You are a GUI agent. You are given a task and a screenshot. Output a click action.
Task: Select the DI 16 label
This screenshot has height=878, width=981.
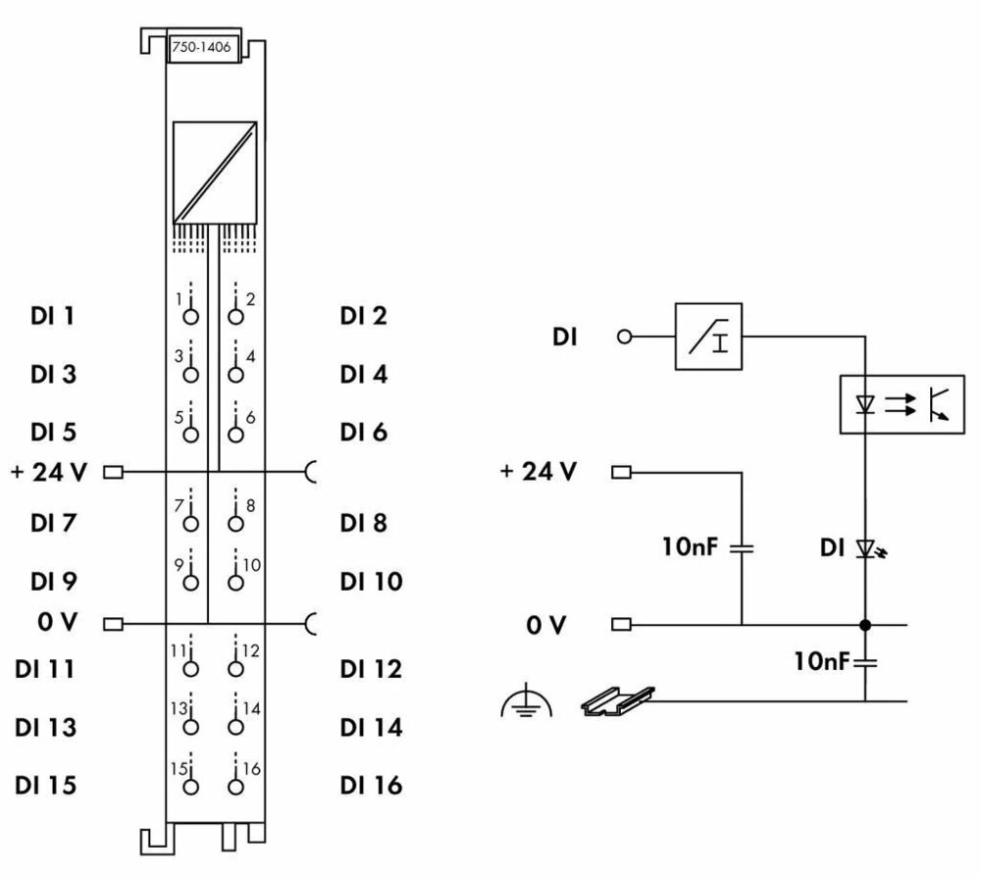(x=371, y=786)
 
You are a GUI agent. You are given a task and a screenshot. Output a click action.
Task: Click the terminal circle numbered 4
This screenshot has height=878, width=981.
(x=234, y=373)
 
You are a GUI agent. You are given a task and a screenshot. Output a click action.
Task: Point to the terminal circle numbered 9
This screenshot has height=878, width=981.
(x=191, y=582)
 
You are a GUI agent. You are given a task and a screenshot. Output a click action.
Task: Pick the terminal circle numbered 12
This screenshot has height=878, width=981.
(x=234, y=669)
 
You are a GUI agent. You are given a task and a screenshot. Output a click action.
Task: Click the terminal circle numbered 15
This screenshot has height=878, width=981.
(x=191, y=786)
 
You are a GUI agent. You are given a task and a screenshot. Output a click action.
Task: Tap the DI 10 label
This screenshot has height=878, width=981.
(x=371, y=582)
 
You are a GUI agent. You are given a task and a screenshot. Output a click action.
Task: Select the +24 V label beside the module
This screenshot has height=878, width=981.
(x=49, y=473)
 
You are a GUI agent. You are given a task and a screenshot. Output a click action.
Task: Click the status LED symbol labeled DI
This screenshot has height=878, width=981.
(x=866, y=547)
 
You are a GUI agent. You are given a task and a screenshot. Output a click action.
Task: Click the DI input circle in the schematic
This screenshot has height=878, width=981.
(x=622, y=336)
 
